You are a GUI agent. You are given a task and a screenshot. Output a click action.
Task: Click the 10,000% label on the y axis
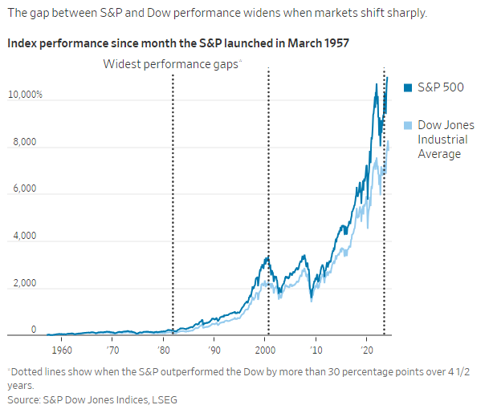pyautogui.click(x=26, y=95)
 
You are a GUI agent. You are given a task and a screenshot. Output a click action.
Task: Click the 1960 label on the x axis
pyautogui.click(x=62, y=350)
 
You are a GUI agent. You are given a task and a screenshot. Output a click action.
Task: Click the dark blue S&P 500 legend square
pyautogui.click(x=407, y=87)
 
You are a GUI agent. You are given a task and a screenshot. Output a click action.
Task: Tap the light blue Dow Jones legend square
pyautogui.click(x=407, y=125)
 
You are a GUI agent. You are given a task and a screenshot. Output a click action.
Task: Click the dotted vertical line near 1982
pyautogui.click(x=173, y=200)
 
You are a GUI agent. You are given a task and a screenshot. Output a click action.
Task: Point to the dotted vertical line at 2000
pyautogui.click(x=268, y=200)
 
